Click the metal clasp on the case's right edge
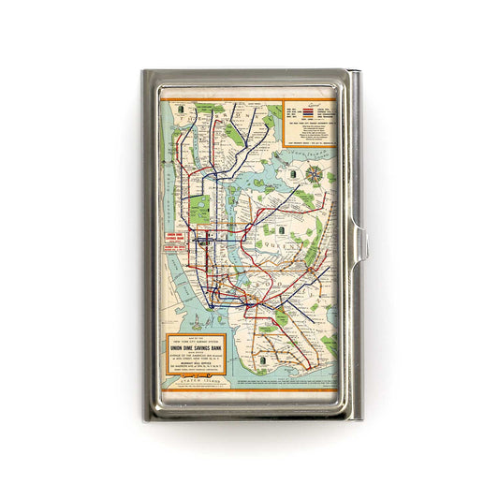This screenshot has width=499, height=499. click(362, 246)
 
